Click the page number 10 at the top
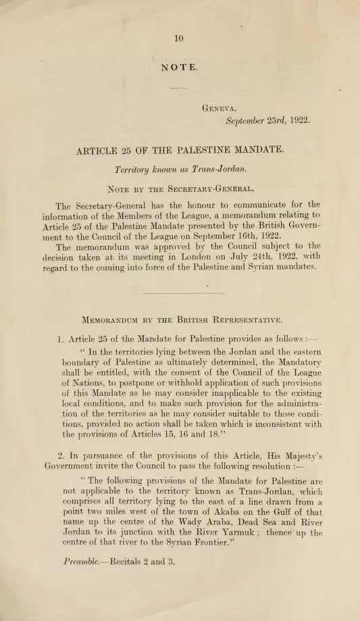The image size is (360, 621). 178,39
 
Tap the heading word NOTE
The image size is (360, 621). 179,68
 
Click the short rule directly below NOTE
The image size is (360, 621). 178,89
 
